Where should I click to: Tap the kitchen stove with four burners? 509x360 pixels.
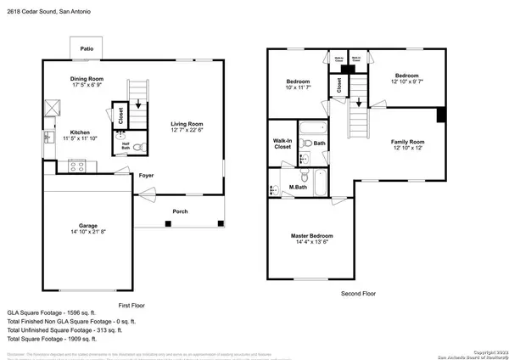click(x=76, y=165)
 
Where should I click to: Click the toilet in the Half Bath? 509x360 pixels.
click(x=142, y=146)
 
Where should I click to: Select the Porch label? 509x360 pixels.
click(x=180, y=211)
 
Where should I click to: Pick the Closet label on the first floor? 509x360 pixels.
click(x=121, y=115)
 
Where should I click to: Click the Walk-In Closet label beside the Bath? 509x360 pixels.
click(x=282, y=143)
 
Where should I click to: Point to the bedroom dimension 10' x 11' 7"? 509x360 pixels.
click(x=298, y=87)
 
